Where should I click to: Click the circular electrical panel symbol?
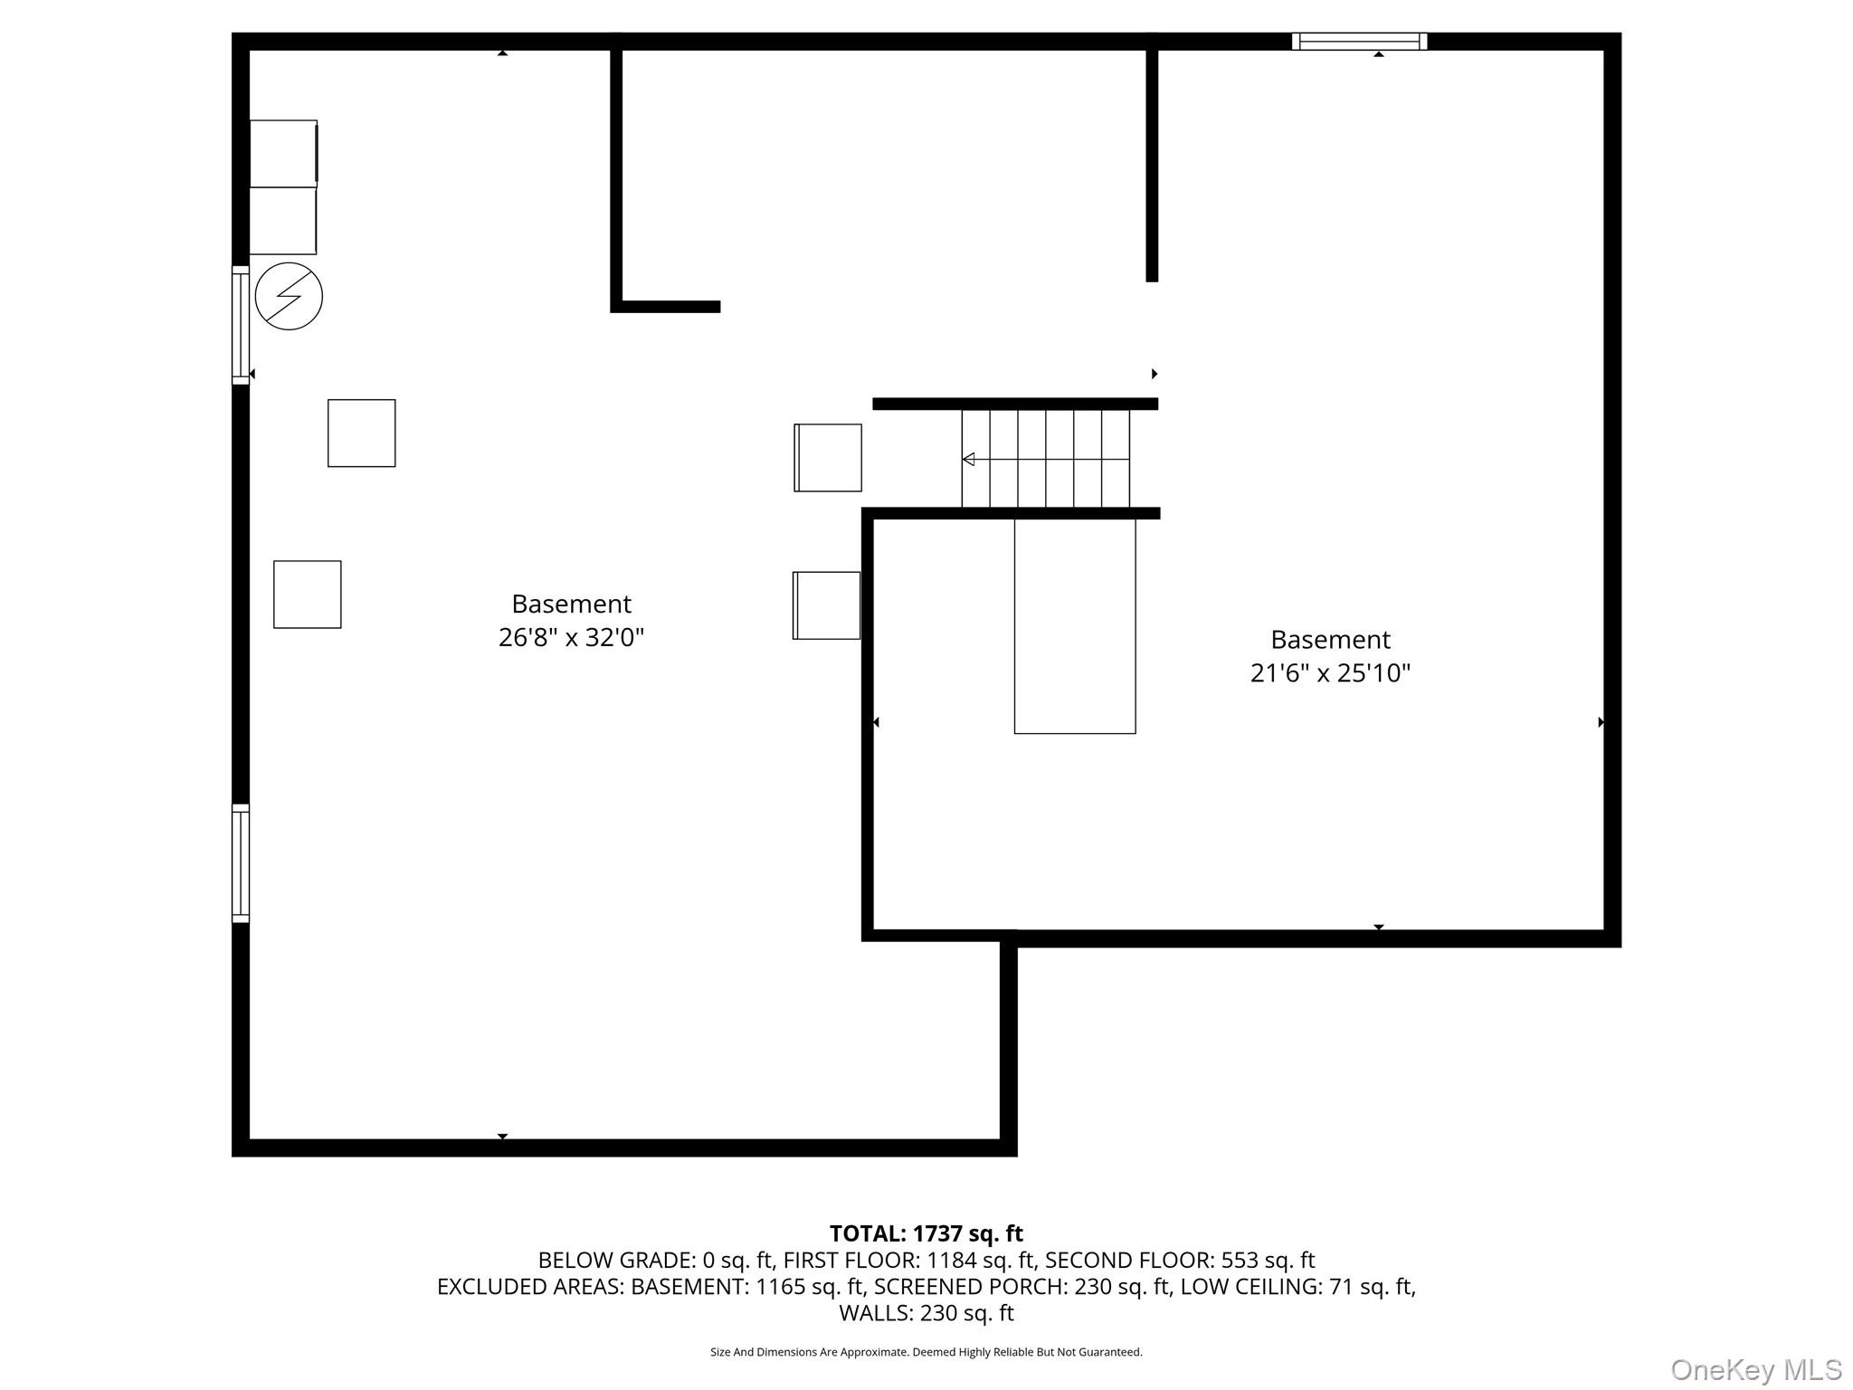click(x=289, y=296)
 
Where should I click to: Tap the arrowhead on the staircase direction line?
click(x=968, y=460)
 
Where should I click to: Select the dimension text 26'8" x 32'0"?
click(x=571, y=637)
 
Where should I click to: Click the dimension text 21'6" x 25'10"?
click(x=1330, y=673)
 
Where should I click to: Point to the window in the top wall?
click(x=1359, y=42)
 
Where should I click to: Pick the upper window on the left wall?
click(x=241, y=325)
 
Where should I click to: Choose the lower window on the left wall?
click(x=241, y=863)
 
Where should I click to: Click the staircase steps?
click(x=1046, y=459)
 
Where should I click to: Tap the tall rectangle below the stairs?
click(x=1075, y=625)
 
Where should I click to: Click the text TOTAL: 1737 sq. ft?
click(x=926, y=1233)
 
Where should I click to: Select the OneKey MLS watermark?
click(x=1756, y=1370)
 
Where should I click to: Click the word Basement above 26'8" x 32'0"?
click(x=571, y=604)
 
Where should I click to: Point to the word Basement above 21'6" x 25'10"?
click(x=1330, y=640)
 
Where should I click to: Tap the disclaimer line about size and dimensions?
click(x=926, y=1352)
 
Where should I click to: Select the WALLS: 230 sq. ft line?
click(x=926, y=1312)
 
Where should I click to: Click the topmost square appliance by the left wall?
click(x=283, y=154)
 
